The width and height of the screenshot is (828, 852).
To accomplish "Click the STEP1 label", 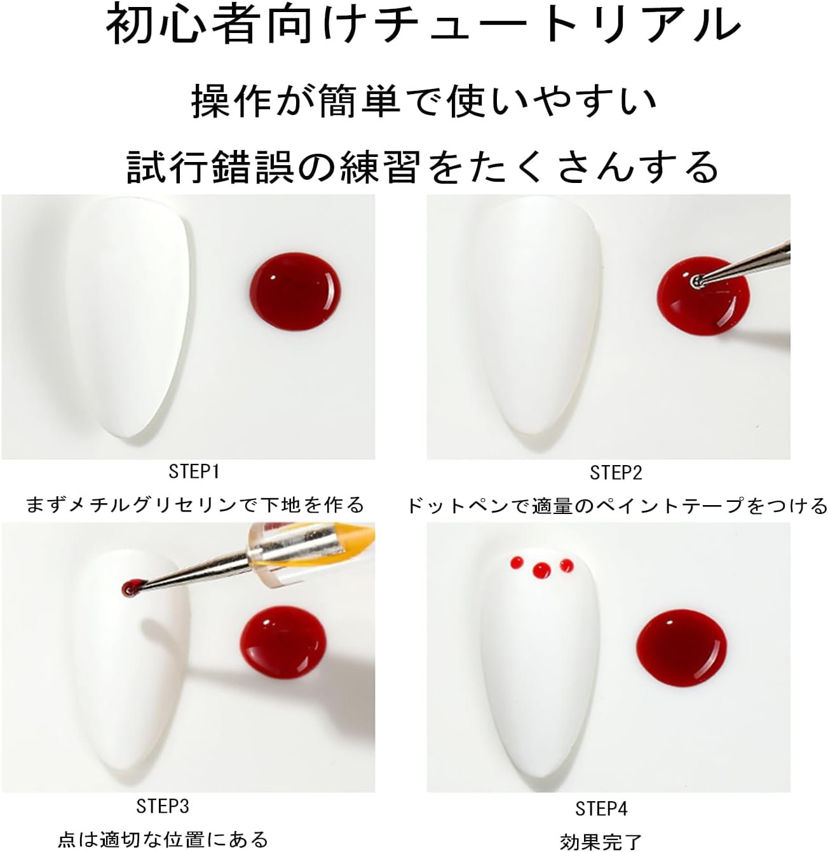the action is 194,472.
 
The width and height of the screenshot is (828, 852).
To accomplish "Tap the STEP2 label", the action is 616,473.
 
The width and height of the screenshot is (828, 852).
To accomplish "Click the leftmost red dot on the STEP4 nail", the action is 517,563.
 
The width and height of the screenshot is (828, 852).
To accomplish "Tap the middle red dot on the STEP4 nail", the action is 541,570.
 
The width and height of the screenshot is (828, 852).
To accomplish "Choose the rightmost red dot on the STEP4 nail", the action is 567,565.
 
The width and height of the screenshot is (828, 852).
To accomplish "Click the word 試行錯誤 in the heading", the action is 210,167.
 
